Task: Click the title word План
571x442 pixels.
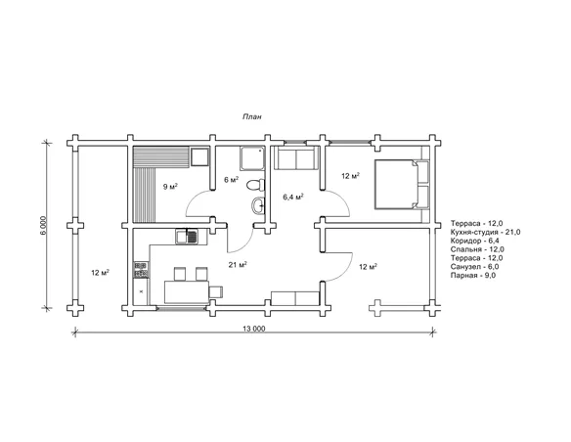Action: pyautogui.click(x=252, y=116)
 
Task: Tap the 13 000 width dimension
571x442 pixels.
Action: pyautogui.click(x=254, y=329)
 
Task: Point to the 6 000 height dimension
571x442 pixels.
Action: pyautogui.click(x=43, y=226)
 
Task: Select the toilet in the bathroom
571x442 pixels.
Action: pyautogui.click(x=255, y=185)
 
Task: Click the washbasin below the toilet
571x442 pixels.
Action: pyautogui.click(x=258, y=206)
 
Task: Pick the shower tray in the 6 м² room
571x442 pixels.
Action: pyautogui.click(x=252, y=158)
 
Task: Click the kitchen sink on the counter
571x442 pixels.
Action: pyautogui.click(x=187, y=237)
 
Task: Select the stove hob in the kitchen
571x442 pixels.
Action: pyautogui.click(x=142, y=270)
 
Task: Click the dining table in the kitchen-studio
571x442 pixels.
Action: pyautogui.click(x=187, y=291)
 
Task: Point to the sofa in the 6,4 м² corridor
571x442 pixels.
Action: pyautogui.click(x=296, y=158)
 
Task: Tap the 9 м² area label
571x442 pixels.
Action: pyautogui.click(x=170, y=187)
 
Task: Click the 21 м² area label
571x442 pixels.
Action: pyautogui.click(x=238, y=265)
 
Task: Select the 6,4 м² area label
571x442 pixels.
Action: pyautogui.click(x=293, y=197)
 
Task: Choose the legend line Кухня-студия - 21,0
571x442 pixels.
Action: pyautogui.click(x=485, y=232)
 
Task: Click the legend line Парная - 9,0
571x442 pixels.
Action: pyautogui.click(x=473, y=275)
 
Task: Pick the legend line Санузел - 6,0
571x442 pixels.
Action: pyautogui.click(x=474, y=267)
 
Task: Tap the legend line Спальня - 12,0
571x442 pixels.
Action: pyautogui.click(x=477, y=249)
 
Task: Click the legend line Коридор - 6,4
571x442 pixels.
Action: pyautogui.click(x=474, y=241)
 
